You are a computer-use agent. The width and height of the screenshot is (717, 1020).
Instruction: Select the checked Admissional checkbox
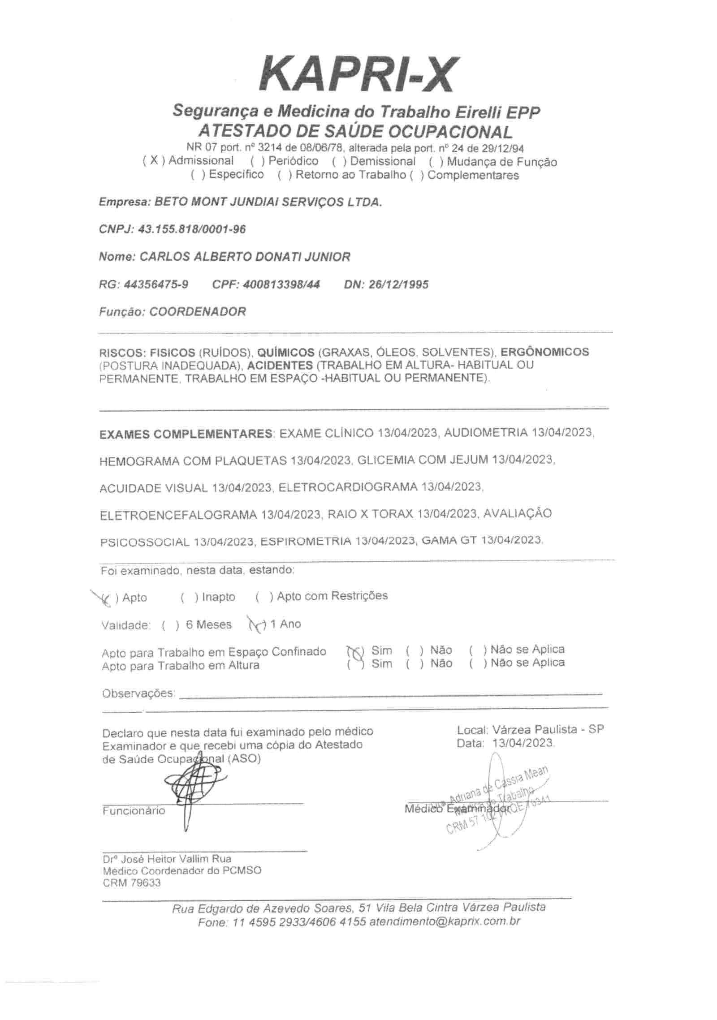(x=154, y=161)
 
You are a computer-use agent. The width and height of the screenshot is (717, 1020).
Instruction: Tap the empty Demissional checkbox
(x=339, y=161)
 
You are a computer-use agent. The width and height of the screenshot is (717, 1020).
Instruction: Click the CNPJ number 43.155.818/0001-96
(x=192, y=229)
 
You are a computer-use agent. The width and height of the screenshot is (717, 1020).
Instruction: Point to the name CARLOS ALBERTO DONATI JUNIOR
(x=245, y=257)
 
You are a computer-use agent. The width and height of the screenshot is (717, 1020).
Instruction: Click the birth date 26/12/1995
(x=398, y=284)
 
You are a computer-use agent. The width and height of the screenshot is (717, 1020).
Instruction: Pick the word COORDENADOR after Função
(x=198, y=312)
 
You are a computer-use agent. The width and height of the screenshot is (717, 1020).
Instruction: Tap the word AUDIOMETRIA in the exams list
(x=485, y=433)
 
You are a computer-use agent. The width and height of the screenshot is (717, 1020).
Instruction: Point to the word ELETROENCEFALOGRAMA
(x=178, y=515)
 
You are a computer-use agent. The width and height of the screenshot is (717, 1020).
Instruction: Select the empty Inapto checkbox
(x=189, y=597)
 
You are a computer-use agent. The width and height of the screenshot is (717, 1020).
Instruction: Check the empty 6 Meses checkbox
(x=171, y=625)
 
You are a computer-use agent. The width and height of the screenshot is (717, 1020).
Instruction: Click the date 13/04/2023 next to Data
(x=523, y=743)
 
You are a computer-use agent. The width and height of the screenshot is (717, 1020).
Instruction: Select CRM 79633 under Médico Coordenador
(x=131, y=883)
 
